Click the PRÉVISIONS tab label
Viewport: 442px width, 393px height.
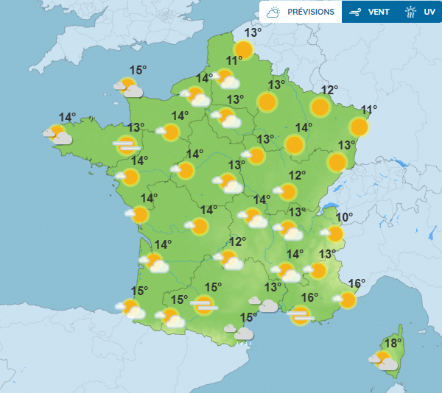[x=311, y=13]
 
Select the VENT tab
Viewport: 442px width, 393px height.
[x=379, y=13]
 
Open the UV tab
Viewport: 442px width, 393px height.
[x=429, y=13]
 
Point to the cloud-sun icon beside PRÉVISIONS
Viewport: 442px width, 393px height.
[x=273, y=13]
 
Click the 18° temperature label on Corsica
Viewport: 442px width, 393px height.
[x=393, y=343]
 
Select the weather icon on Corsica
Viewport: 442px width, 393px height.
[x=383, y=361]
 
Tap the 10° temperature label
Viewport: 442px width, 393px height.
[x=344, y=217]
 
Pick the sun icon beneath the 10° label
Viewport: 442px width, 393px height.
[x=334, y=234]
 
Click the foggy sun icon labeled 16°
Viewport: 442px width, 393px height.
[x=300, y=316]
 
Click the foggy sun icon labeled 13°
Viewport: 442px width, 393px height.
[x=126, y=145]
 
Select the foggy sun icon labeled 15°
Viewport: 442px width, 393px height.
[x=204, y=304]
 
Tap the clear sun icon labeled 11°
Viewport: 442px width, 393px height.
[x=359, y=127]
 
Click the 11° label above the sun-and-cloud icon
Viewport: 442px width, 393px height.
[x=235, y=61]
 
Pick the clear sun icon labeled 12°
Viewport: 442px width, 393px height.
[x=320, y=107]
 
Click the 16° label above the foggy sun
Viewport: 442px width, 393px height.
[x=309, y=297]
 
